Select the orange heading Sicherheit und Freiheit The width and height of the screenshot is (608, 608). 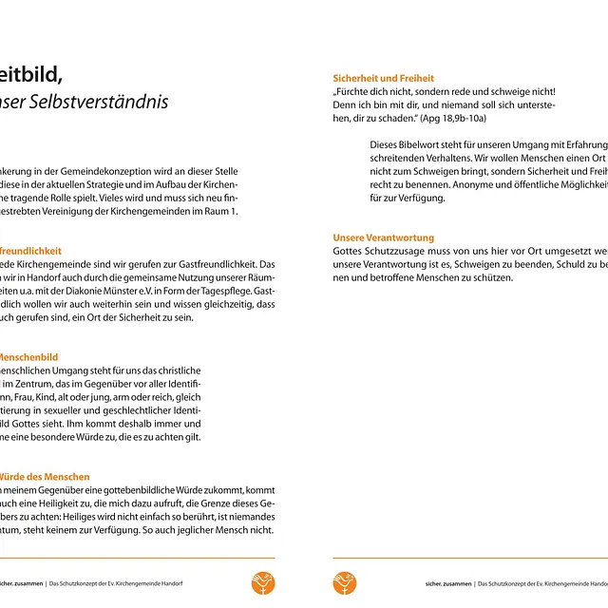click(x=383, y=78)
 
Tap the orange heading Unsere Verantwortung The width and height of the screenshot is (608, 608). click(x=383, y=237)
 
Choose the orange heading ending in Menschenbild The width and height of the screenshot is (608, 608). click(x=28, y=357)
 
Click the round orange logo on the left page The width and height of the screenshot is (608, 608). click(x=263, y=582)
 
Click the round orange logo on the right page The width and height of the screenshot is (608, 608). click(x=345, y=582)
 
